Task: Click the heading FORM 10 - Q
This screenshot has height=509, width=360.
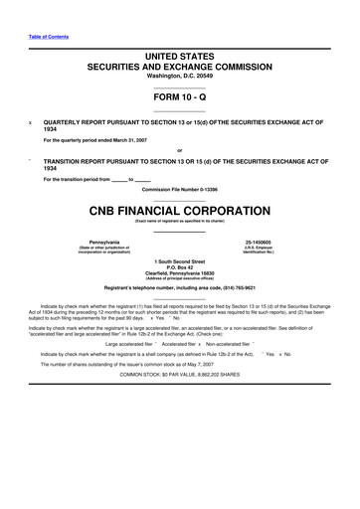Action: (x=179, y=97)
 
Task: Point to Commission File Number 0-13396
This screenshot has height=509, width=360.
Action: (x=179, y=189)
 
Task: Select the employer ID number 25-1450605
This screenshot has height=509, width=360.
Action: (x=258, y=243)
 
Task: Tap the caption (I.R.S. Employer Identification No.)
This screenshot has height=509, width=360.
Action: (x=258, y=251)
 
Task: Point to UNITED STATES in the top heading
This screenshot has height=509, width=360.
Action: (x=179, y=58)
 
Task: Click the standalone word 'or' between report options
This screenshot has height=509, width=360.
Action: (x=179, y=150)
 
